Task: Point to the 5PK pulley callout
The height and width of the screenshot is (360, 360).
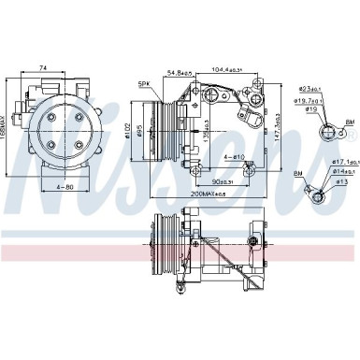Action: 144,85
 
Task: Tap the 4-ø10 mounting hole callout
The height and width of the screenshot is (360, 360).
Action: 233,156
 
